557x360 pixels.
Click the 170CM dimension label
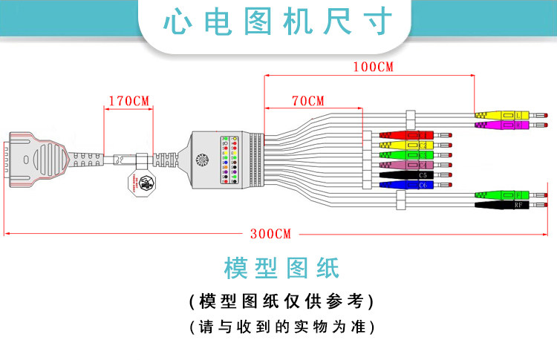pos(128,100)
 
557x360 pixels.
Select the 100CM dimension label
pos(373,67)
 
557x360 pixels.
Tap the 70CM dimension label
pos(307,100)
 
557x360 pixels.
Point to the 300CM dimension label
pos(270,233)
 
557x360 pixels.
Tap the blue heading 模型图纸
pos(281,267)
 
